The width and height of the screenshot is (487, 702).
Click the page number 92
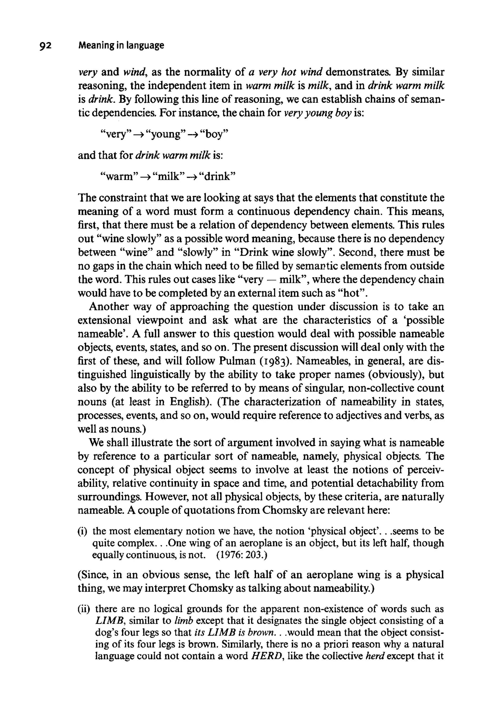coord(46,46)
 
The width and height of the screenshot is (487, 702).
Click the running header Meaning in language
coord(121,45)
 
